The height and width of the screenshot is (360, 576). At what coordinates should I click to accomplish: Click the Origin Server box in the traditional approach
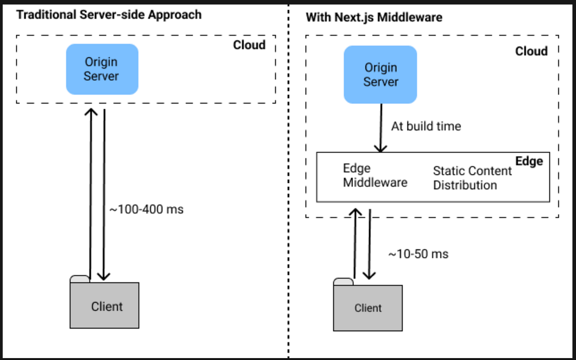pos(102,69)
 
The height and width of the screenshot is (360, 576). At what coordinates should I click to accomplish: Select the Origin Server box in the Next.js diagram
pos(380,74)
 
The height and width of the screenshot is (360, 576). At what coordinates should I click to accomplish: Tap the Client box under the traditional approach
pos(105,305)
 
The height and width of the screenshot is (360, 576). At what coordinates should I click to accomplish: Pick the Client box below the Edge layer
pos(368,307)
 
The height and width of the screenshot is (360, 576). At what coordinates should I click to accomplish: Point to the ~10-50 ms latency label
pos(418,254)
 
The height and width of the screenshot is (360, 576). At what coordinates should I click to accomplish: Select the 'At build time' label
pos(426,126)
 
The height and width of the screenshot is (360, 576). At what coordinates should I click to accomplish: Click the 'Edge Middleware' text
pos(375,176)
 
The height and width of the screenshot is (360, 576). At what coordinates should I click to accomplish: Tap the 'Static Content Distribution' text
pos(472,178)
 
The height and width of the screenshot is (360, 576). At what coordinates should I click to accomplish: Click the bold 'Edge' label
pos(529,161)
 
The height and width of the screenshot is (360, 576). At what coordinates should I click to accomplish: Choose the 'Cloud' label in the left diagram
pos(249,45)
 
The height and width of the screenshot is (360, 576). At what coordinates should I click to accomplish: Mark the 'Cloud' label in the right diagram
pos(531,51)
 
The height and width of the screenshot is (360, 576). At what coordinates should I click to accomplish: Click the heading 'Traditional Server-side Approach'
pos(109,14)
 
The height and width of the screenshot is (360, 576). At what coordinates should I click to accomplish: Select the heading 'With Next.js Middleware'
pos(374,18)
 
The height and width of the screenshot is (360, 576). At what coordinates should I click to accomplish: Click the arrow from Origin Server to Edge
pos(381,128)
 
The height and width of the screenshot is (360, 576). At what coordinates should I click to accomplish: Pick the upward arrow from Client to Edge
pos(355,242)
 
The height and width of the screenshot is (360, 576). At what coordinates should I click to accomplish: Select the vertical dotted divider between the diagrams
pos(288,192)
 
